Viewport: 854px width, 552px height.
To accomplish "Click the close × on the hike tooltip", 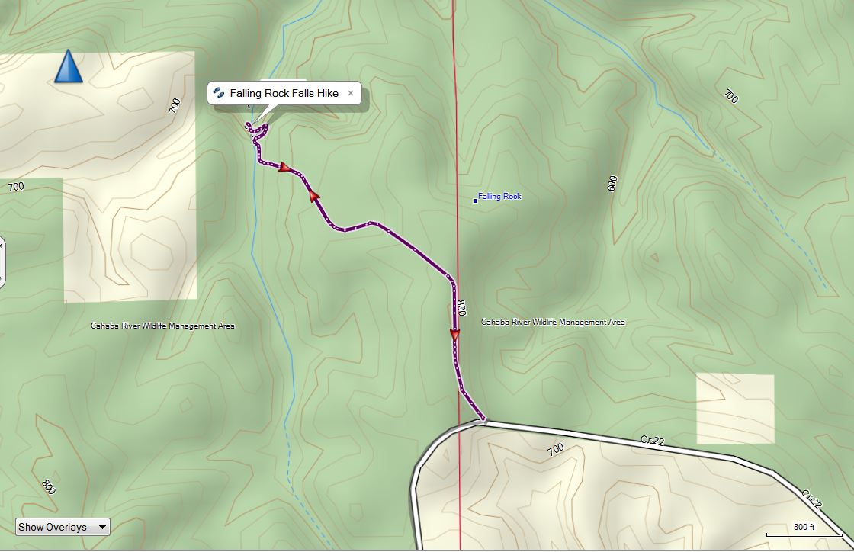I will tap(351, 93).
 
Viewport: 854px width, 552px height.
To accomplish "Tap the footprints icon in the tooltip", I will tap(219, 93).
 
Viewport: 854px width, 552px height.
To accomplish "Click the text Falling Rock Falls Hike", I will tap(284, 93).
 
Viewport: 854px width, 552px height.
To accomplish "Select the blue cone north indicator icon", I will tap(69, 66).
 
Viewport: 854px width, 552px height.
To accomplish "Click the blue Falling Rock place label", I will tap(499, 197).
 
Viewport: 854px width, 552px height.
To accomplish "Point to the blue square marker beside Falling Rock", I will tap(475, 201).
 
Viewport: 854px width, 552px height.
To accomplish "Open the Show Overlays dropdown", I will tap(63, 527).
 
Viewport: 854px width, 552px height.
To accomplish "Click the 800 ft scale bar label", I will tap(804, 527).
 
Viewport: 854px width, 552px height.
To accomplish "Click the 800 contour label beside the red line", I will tap(461, 308).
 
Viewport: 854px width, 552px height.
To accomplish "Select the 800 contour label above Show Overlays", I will tap(48, 486).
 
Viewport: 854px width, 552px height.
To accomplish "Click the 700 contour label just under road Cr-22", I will tap(555, 449).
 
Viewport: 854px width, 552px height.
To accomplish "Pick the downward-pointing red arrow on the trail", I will tap(455, 335).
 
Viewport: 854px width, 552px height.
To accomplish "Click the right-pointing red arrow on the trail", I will tap(285, 168).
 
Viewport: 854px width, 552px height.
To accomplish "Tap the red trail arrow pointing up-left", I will tap(313, 195).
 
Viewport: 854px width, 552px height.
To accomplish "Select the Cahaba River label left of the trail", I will tap(162, 326).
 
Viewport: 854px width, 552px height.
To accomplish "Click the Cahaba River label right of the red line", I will tap(553, 323).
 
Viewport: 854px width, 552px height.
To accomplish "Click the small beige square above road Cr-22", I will tap(735, 408).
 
